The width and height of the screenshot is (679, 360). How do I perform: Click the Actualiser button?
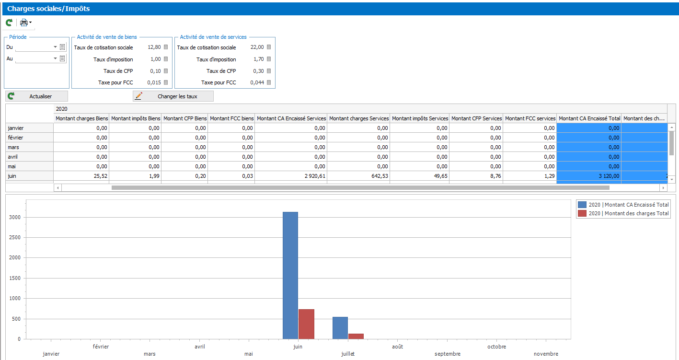click(x=36, y=96)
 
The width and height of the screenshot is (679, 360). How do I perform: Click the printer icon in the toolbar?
click(x=23, y=23)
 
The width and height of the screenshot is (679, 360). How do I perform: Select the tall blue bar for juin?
click(x=290, y=275)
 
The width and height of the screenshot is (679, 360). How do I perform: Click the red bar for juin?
click(x=307, y=324)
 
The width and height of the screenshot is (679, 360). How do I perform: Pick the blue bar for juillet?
click(x=340, y=328)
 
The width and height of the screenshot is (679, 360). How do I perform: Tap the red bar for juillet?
click(x=356, y=337)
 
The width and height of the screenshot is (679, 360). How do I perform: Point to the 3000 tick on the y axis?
click(x=15, y=217)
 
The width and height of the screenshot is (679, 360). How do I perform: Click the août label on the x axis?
click(x=397, y=347)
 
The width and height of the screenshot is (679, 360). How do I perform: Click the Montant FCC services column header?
click(x=530, y=118)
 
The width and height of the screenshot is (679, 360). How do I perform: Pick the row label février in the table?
click(x=15, y=138)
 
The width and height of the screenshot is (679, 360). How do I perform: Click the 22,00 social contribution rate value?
click(x=257, y=47)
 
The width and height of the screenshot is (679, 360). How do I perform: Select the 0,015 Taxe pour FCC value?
click(x=154, y=82)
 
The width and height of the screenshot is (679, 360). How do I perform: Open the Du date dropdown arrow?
click(x=55, y=47)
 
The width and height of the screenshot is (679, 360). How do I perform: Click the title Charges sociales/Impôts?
click(x=48, y=9)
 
